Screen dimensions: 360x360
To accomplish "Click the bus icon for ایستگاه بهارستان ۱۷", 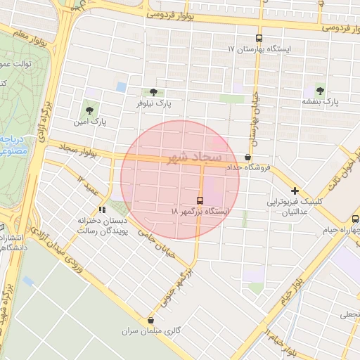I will click(x=259, y=39).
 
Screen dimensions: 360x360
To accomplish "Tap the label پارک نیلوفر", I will click(x=154, y=103).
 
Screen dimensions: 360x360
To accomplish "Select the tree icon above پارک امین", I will click(x=89, y=110).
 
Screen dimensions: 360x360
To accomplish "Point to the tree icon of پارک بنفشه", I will click(x=321, y=91).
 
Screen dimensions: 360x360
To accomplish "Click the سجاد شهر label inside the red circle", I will click(x=191, y=156).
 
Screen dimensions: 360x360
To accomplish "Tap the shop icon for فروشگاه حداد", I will click(x=247, y=157).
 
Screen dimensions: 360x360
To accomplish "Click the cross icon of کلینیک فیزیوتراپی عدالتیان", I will click(x=295, y=191).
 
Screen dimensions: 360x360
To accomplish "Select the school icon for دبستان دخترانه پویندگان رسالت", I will click(x=103, y=209).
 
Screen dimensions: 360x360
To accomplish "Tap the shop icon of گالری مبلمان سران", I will click(x=150, y=320).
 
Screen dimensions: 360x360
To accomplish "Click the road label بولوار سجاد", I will click(x=69, y=150).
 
